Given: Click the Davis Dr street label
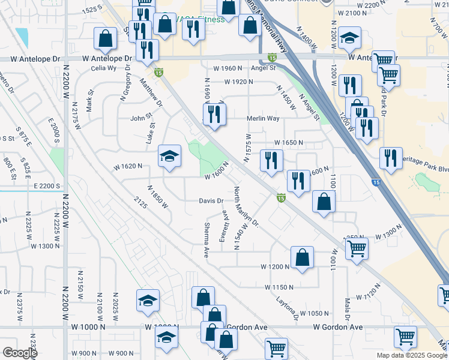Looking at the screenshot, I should point(211,201).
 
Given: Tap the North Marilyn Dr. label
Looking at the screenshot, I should point(246,208).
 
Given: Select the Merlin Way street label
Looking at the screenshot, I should point(264,119).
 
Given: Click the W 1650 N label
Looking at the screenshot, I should point(289,143).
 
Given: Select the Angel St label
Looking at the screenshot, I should point(263,68).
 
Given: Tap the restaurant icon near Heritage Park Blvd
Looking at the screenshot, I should point(391,158).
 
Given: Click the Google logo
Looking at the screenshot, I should point(19,353).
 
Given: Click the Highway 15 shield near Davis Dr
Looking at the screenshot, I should point(280,197).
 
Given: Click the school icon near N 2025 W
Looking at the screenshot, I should point(148,300).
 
